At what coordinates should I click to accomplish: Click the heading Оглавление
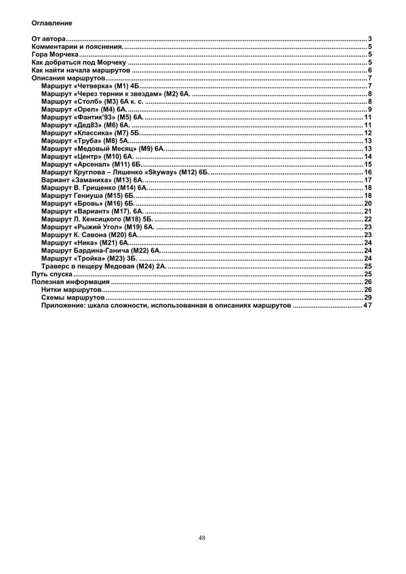click(52, 23)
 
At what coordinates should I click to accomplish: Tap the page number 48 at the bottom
click(202, 537)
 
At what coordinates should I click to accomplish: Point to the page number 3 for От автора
click(370, 39)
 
